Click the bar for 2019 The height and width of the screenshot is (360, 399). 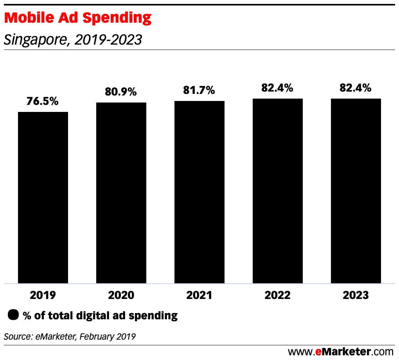coord(43,197)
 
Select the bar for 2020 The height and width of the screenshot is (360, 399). coord(121,193)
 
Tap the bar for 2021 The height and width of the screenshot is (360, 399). coord(199,192)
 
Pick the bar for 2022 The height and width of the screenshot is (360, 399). coord(278,191)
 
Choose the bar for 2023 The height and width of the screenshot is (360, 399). coord(356,191)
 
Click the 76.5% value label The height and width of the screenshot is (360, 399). coord(43,101)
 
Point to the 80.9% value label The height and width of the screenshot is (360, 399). coord(121,92)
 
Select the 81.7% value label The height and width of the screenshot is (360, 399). coord(199,90)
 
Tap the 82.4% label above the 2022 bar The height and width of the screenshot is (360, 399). coord(278,88)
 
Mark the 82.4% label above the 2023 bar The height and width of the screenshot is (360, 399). coord(356,88)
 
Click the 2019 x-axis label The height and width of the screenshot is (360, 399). coord(43,295)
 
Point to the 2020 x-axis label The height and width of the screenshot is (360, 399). coord(121,295)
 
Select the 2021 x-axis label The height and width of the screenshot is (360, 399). coord(199,295)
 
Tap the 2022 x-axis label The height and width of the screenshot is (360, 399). coord(278,295)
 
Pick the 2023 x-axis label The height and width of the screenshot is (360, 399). coord(356,295)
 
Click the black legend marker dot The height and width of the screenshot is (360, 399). coord(13,315)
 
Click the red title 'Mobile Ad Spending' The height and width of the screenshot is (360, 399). coord(78,18)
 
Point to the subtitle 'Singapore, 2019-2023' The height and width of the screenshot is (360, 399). coord(73,40)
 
